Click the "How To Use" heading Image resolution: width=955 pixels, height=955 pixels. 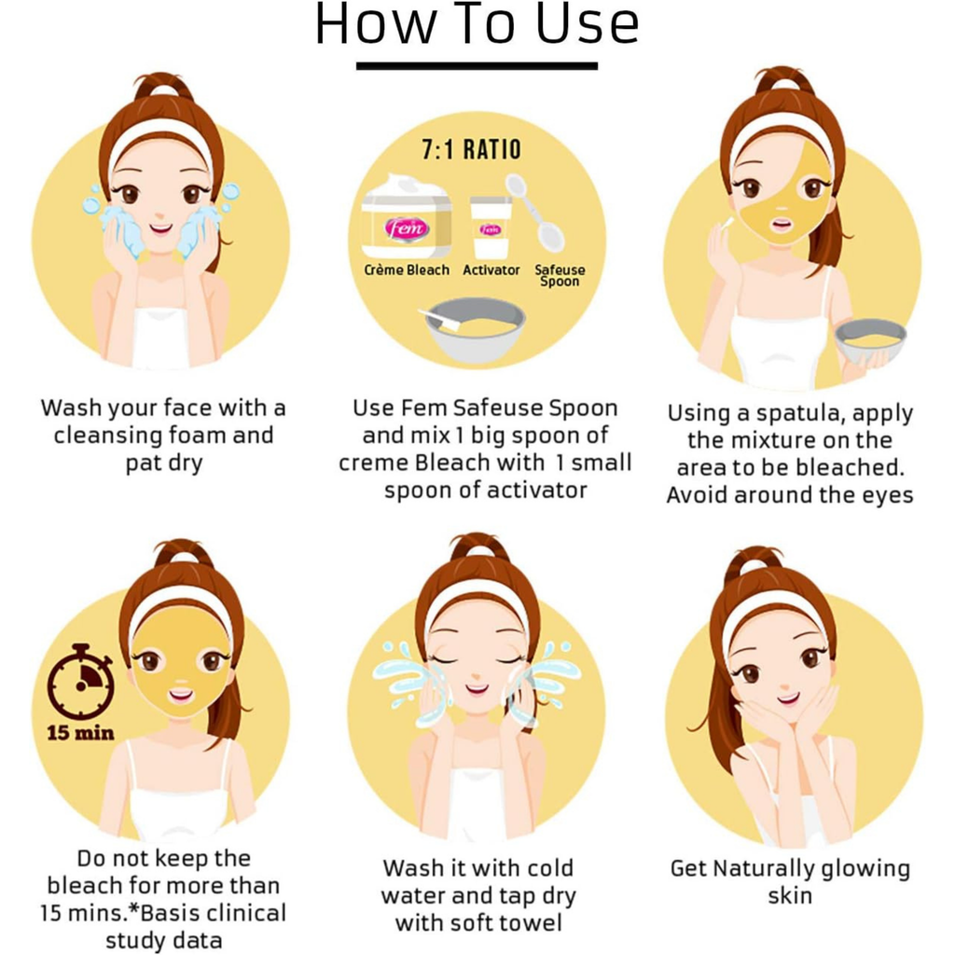click(x=477, y=24)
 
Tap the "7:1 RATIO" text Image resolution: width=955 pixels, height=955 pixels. click(x=471, y=150)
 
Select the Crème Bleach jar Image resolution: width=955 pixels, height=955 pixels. click(x=407, y=218)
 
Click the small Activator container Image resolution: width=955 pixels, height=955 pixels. click(x=491, y=228)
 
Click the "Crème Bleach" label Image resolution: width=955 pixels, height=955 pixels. click(x=407, y=270)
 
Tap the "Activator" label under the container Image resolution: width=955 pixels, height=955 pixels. click(x=491, y=270)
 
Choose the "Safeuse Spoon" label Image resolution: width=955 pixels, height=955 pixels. click(x=560, y=275)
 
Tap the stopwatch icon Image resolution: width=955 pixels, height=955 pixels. click(x=81, y=682)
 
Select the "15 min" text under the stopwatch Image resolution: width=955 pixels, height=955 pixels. click(x=80, y=732)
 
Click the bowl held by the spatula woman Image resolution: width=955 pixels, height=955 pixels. click(x=870, y=341)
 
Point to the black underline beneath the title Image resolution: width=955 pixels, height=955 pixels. click(x=477, y=66)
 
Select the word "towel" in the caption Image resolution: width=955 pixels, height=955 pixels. click(x=533, y=922)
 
